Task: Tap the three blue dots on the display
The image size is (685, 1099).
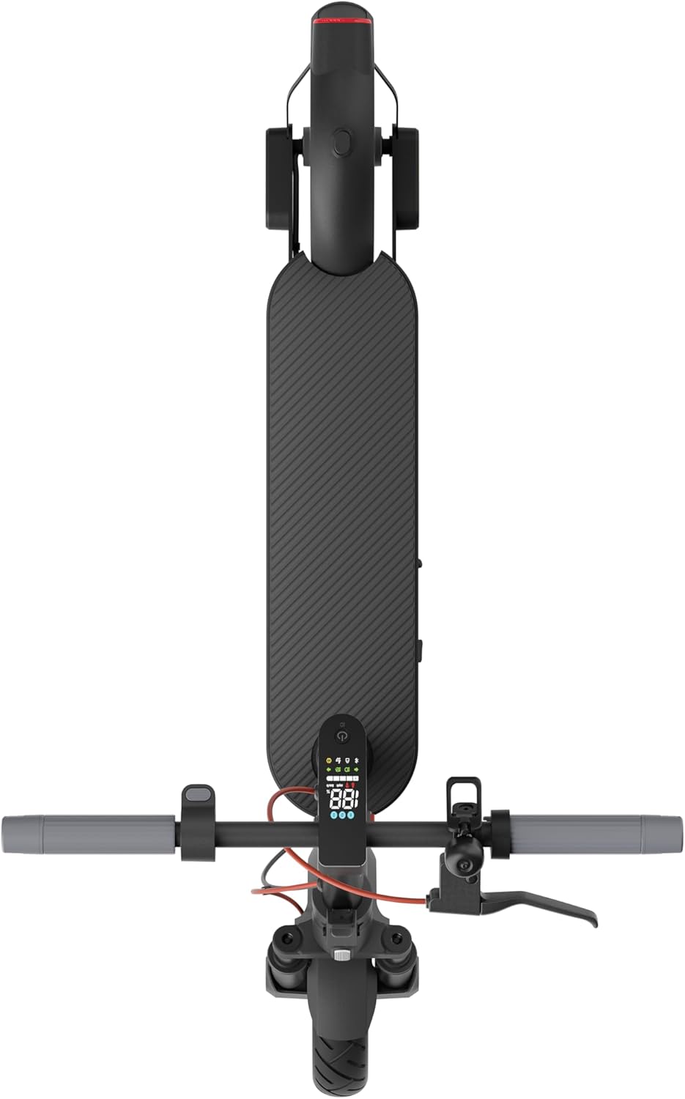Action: tap(342, 815)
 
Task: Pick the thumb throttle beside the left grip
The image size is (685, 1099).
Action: tap(199, 794)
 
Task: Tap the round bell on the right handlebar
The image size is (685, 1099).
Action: tap(464, 867)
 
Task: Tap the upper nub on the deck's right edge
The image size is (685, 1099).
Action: tap(421, 564)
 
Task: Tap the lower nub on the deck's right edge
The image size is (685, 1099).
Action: tap(421, 648)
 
